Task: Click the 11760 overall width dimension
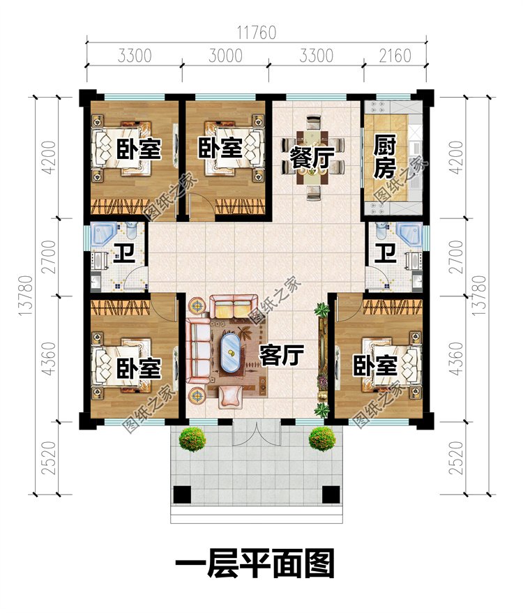pyautogui.click(x=256, y=33)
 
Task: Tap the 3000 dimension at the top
pyautogui.click(x=225, y=56)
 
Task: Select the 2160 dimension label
pyautogui.click(x=395, y=56)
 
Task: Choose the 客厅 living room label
pyautogui.click(x=282, y=354)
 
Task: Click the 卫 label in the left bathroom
pyautogui.click(x=124, y=252)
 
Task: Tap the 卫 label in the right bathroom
pyautogui.click(x=386, y=252)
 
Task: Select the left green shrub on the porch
pyautogui.click(x=192, y=439)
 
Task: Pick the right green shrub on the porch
pyautogui.click(x=321, y=439)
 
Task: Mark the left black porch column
pyautogui.click(x=182, y=494)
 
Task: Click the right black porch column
pyautogui.click(x=331, y=494)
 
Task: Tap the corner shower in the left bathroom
pyautogui.click(x=103, y=234)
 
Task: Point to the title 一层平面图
pyautogui.click(x=255, y=563)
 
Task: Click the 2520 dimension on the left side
pyautogui.click(x=48, y=457)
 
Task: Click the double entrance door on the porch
pyautogui.click(x=255, y=433)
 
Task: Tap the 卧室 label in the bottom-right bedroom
pyautogui.click(x=376, y=365)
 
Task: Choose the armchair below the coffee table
pyautogui.click(x=230, y=396)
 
